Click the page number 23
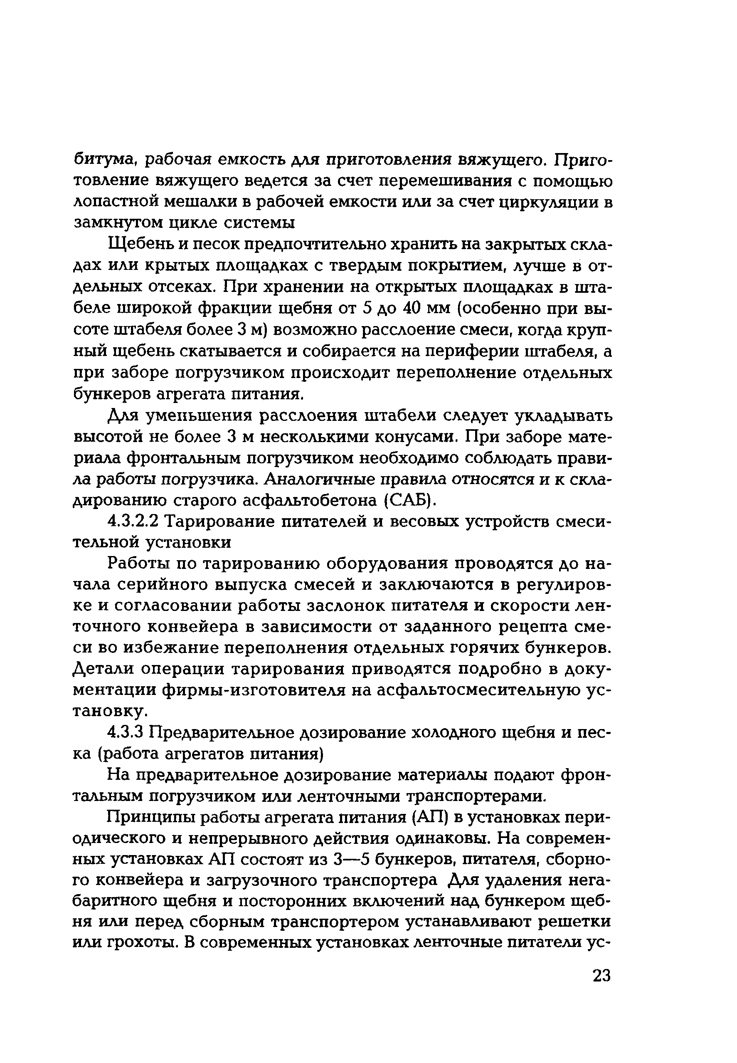[x=601, y=976]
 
